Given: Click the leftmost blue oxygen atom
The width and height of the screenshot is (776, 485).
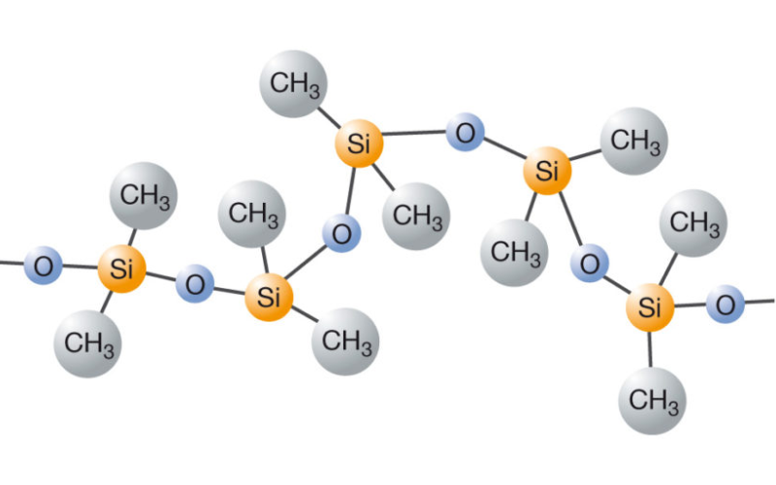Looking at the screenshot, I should click(42, 265).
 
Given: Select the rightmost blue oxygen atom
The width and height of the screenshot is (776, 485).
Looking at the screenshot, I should click(725, 306).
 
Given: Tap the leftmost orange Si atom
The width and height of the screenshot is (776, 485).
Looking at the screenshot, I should click(121, 270).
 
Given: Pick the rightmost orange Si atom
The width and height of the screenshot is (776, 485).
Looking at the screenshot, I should click(650, 309).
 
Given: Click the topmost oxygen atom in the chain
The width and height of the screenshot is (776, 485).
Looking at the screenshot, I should click(466, 133).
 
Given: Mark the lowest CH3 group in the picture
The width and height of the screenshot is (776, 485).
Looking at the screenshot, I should click(652, 399).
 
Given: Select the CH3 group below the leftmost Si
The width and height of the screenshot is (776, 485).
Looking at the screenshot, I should click(89, 341).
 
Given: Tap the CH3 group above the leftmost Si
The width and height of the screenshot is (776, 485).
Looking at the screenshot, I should click(145, 195).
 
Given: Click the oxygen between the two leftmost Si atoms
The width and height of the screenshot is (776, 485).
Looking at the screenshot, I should click(195, 285).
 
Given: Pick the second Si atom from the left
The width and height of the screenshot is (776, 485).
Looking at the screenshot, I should click(269, 297).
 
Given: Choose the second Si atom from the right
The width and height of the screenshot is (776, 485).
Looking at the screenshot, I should click(547, 173).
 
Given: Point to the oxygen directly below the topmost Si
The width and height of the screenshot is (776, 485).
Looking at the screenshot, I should click(340, 234).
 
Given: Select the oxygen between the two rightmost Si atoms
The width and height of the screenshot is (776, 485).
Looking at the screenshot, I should click(590, 262).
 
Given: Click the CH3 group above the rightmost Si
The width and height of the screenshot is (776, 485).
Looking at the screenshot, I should click(693, 223).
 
